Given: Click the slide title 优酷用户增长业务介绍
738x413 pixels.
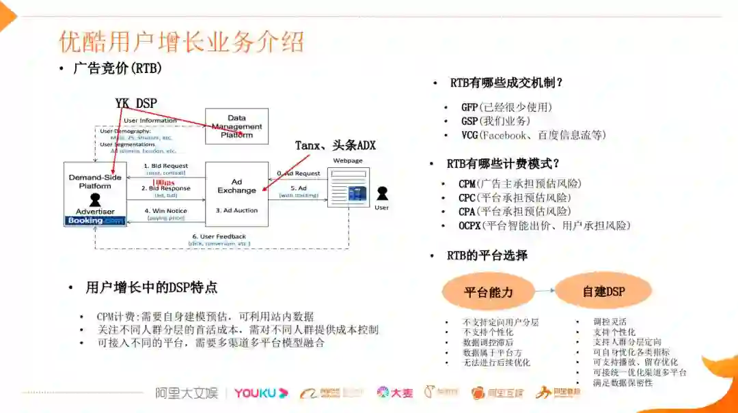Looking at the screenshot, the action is tap(181, 42).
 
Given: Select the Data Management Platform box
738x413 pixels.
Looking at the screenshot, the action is tap(236, 126).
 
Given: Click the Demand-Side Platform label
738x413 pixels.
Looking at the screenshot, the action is tap(95, 181).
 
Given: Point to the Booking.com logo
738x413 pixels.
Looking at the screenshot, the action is tap(95, 220).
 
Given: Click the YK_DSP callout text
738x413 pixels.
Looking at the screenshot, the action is tap(136, 103).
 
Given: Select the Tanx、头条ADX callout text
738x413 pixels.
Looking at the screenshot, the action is tap(335, 145).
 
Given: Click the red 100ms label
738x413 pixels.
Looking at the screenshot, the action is tap(164, 183).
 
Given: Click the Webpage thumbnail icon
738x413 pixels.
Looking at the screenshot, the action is tap(348, 186).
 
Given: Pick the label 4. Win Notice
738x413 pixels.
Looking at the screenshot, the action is tap(166, 211).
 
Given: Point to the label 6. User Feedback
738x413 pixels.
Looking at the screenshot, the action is tap(219, 236).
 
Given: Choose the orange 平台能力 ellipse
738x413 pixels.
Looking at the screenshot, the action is tap(488, 292).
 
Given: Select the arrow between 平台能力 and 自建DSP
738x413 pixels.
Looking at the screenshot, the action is tap(545, 291).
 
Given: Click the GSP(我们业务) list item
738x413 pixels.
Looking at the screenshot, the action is tap(495, 121).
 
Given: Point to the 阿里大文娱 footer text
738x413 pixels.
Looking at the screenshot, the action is tap(186, 393).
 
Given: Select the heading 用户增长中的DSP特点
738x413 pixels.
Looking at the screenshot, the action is tap(152, 287).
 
